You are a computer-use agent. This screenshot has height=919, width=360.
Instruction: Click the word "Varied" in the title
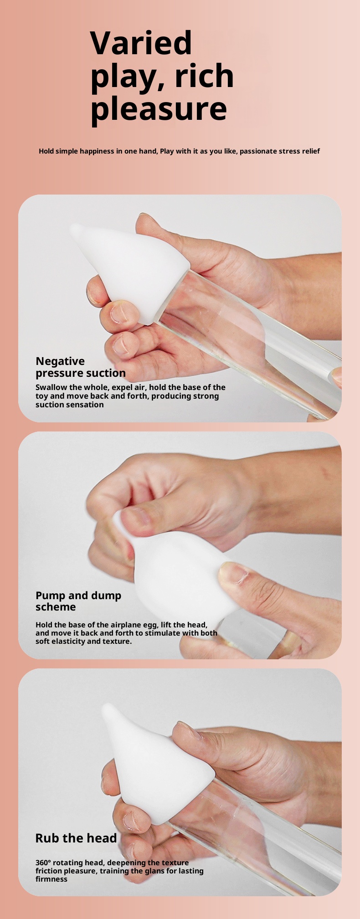pyautogui.click(x=141, y=43)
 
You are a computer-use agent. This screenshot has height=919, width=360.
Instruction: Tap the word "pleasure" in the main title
pyautogui.click(x=159, y=109)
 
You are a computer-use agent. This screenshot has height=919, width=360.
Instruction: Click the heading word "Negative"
pyautogui.click(x=60, y=361)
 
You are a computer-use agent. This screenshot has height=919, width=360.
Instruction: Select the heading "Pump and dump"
pyautogui.click(x=78, y=596)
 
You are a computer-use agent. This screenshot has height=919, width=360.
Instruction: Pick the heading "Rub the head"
pyautogui.click(x=76, y=838)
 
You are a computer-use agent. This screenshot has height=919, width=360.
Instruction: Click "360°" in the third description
pyautogui.click(x=43, y=863)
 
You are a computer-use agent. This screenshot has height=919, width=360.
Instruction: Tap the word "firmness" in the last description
pyautogui.click(x=51, y=879)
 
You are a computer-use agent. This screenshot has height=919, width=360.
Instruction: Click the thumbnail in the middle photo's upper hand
pyautogui.click(x=135, y=516)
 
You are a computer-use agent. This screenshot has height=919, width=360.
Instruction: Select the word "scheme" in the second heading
pyautogui.click(x=56, y=607)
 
